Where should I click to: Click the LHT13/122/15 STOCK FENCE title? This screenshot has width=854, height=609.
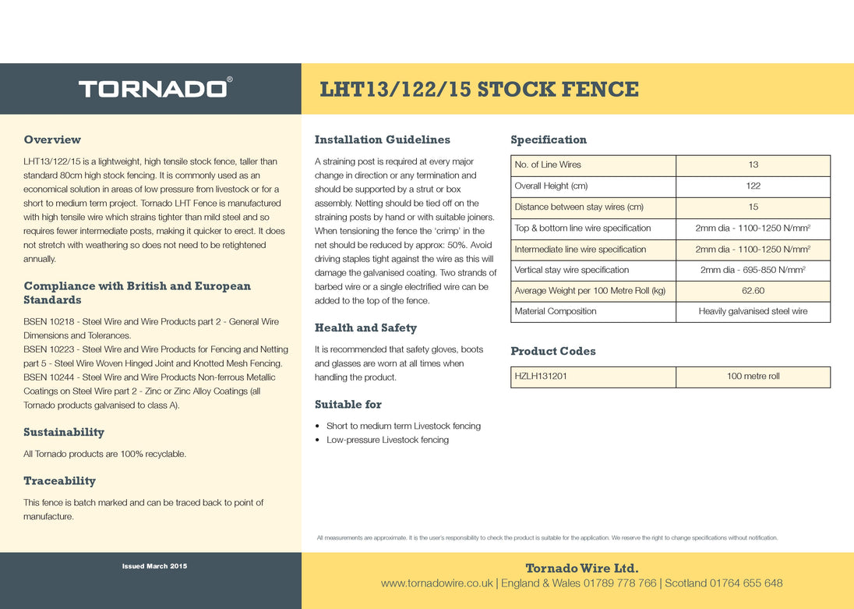coord(479,90)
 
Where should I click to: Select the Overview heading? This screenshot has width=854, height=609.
coord(52,140)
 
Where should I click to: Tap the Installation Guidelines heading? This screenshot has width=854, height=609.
coord(382,140)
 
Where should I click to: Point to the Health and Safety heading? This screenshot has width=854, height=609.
coord(365,328)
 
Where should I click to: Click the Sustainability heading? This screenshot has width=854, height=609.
coord(64,432)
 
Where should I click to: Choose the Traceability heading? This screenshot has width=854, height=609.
coord(59,480)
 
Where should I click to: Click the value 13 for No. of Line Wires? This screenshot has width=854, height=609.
coord(753,165)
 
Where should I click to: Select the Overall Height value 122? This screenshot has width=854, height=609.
coord(753,186)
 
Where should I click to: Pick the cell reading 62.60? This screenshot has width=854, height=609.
coord(753,291)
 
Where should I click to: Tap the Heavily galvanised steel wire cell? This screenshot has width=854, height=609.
coord(753,312)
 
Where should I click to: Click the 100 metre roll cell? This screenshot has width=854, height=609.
coord(753,377)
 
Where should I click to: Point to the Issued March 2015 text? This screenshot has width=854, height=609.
coord(154,565)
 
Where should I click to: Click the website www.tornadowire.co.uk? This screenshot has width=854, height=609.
coord(437,583)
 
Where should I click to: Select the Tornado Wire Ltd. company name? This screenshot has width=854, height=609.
coord(582,568)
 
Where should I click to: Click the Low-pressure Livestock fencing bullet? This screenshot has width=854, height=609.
coord(387,440)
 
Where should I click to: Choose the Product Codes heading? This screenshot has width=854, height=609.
coord(552,351)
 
